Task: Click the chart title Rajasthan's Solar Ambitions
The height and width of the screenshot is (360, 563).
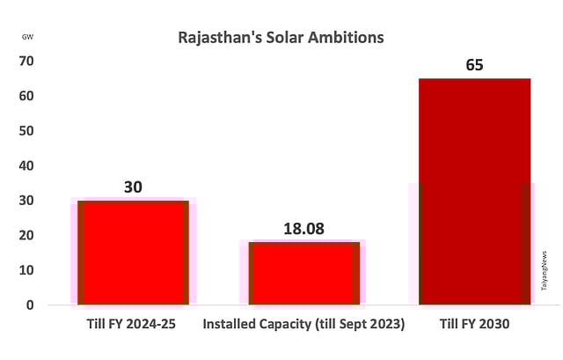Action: click(281, 39)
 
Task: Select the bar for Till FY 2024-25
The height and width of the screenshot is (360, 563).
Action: click(133, 253)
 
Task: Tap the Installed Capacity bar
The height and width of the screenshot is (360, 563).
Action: click(303, 273)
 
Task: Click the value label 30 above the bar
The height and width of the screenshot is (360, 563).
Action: click(133, 187)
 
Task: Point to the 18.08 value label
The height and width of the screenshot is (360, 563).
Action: click(303, 229)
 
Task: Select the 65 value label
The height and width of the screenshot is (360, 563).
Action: click(474, 65)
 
